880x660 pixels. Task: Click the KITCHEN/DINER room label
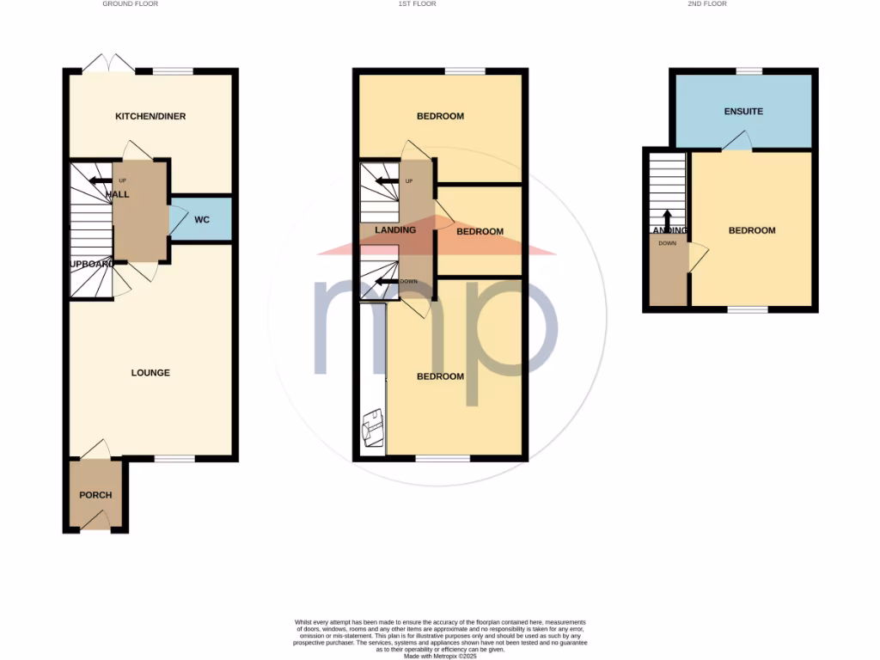point(150,117)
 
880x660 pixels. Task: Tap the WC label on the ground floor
point(202,220)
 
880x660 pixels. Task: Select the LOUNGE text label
point(150,373)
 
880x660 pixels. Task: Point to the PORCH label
point(95,495)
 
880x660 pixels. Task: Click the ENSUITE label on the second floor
point(743,112)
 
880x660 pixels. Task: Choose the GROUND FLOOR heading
point(130,4)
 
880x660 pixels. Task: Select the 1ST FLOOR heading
point(417,4)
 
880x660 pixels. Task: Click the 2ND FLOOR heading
point(706,4)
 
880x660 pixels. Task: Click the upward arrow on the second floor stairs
point(666,217)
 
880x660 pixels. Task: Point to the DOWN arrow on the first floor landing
point(388,281)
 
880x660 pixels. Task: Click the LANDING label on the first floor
point(395,230)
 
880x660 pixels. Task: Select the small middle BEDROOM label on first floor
point(480,232)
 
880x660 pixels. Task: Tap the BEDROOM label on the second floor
point(752,230)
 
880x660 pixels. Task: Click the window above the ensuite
point(749,71)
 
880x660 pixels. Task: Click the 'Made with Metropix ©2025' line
point(439,655)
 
